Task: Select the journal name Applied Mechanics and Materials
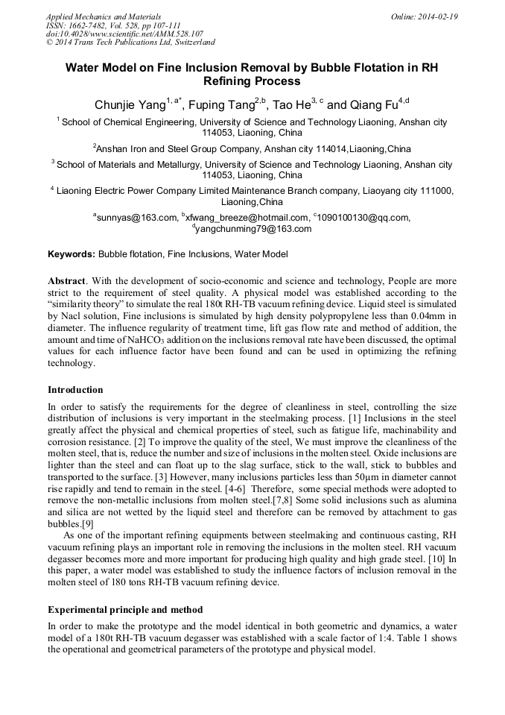coord(103,16)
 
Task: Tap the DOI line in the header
coord(124,34)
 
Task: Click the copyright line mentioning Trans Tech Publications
coord(130,42)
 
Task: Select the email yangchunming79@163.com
coord(253,229)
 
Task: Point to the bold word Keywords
coord(72,254)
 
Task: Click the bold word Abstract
coord(66,281)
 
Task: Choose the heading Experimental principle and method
coord(124,609)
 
